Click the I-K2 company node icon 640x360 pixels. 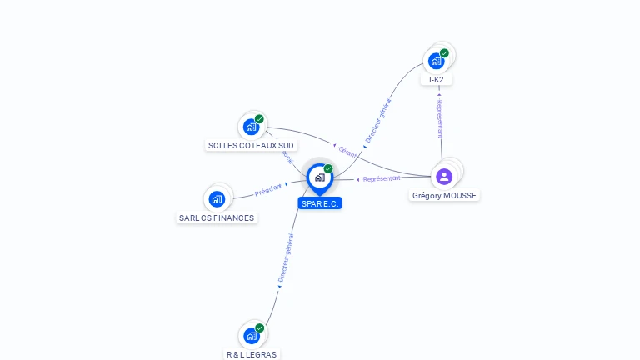[x=436, y=61]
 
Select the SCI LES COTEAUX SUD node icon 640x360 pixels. [x=251, y=127]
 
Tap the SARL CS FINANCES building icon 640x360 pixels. [x=217, y=198]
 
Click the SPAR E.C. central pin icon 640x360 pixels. [x=319, y=177]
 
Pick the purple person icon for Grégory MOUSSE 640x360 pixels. [x=444, y=176]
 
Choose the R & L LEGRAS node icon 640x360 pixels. [x=251, y=336]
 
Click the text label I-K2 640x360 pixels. [x=437, y=80]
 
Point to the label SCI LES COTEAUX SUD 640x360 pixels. [x=252, y=146]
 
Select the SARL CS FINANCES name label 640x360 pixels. [x=217, y=218]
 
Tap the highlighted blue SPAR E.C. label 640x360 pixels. [x=320, y=203]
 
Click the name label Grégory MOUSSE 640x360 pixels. [x=446, y=196]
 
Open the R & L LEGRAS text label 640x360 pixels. [x=252, y=354]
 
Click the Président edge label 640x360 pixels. [x=268, y=190]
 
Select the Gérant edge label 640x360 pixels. [x=347, y=151]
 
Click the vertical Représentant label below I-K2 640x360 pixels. [x=440, y=119]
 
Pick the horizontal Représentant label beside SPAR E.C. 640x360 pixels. [x=382, y=178]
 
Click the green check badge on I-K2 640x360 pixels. [x=444, y=53]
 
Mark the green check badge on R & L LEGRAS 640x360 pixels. [x=259, y=328]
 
